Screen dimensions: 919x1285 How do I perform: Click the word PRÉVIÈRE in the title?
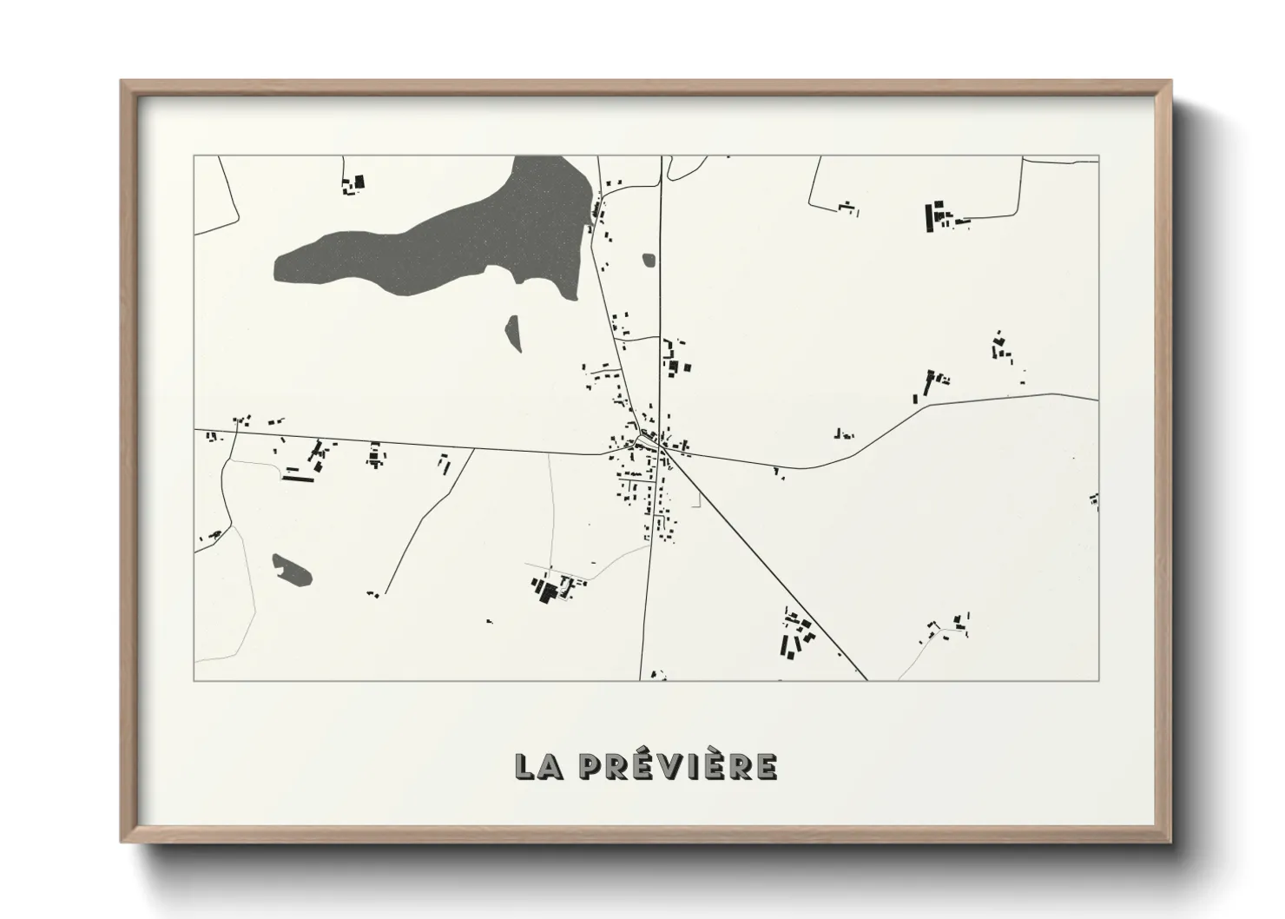(x=677, y=766)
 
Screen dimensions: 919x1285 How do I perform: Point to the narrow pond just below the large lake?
(x=513, y=333)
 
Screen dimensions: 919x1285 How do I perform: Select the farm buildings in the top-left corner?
(x=353, y=184)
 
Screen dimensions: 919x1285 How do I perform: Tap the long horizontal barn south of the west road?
(x=297, y=475)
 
